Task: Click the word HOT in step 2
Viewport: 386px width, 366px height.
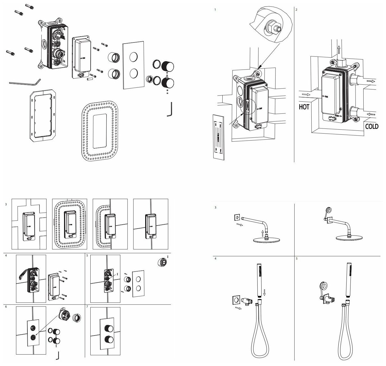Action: pyautogui.click(x=304, y=107)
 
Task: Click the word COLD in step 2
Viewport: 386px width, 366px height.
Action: pyautogui.click(x=372, y=126)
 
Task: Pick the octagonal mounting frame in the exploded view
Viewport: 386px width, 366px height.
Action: pyautogui.click(x=43, y=115)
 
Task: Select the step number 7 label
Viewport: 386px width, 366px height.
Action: pyautogui.click(x=87, y=307)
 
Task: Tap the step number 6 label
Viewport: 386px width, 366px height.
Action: pyautogui.click(x=6, y=307)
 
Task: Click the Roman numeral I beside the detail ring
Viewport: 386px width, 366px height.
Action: pyautogui.click(x=168, y=256)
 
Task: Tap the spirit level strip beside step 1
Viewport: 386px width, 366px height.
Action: pyautogui.click(x=219, y=137)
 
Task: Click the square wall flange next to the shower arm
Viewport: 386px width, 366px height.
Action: pyautogui.click(x=237, y=217)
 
